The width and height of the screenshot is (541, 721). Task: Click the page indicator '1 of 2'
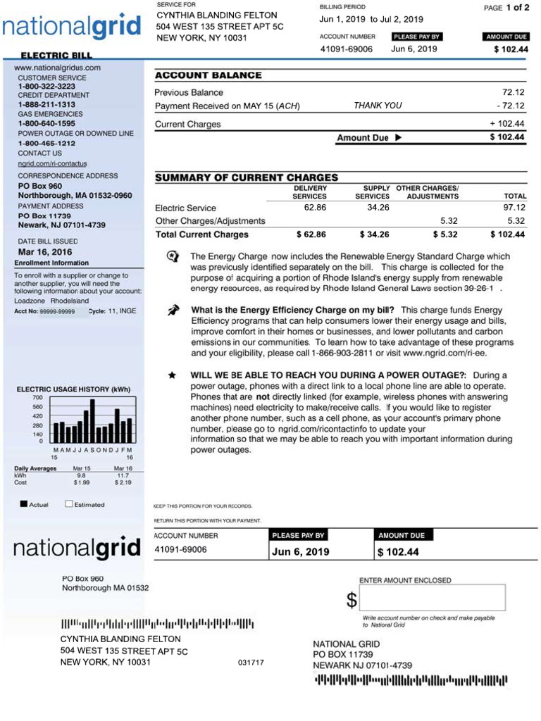(517, 8)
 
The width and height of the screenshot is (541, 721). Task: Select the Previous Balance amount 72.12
(513, 92)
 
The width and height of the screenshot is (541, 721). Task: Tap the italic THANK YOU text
(378, 106)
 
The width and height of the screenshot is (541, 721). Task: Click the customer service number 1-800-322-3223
(46, 86)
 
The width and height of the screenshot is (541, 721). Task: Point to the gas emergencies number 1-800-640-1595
(46, 123)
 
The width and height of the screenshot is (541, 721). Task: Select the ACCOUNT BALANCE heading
(208, 75)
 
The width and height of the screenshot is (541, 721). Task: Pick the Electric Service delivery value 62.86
(315, 208)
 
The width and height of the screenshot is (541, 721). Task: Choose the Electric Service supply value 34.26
(378, 208)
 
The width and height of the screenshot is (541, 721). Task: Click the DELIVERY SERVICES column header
(310, 192)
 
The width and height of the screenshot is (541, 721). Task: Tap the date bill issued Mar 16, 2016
(45, 251)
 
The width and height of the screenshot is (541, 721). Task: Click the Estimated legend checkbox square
(69, 504)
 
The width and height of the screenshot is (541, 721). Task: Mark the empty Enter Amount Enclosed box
(433, 598)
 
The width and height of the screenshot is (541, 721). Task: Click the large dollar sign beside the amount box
(352, 600)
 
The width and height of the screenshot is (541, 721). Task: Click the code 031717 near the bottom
(251, 663)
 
